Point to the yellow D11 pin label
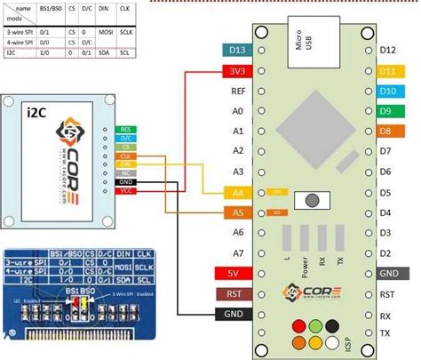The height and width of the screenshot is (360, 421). (x=387, y=71)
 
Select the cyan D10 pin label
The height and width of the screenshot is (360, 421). (x=387, y=92)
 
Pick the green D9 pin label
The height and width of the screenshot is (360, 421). (x=387, y=111)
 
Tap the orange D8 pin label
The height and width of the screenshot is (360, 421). (x=387, y=132)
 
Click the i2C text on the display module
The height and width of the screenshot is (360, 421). (x=40, y=112)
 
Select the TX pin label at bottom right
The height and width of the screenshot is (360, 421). (x=386, y=334)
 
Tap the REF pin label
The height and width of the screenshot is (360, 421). (x=236, y=92)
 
